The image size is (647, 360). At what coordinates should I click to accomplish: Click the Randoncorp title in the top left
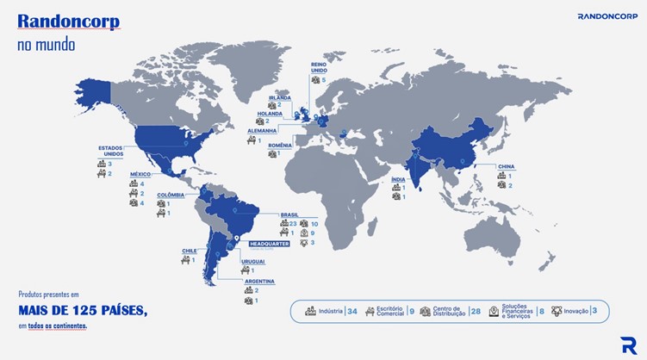point(68,22)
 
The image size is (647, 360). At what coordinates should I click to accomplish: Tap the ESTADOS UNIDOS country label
point(111,151)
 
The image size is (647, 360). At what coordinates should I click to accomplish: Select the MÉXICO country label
point(140,174)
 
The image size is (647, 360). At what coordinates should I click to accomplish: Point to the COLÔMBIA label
point(170,195)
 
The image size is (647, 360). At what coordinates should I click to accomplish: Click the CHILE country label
point(189,251)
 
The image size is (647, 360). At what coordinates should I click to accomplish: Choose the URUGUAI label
point(252,261)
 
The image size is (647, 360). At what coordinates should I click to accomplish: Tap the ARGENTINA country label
point(258,281)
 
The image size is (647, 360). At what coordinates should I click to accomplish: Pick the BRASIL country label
point(289,214)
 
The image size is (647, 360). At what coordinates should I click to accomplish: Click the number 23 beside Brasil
point(293,224)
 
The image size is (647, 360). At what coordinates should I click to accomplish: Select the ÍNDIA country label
point(398,178)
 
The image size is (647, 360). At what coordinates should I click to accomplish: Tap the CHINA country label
point(506,166)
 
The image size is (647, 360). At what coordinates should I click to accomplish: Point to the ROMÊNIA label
point(279,144)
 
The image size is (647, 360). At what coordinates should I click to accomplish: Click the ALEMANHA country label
point(262,131)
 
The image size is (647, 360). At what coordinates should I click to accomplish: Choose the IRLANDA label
point(280,97)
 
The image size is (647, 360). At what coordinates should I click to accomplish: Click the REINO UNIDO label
point(319,68)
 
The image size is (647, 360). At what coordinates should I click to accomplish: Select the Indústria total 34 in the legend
point(351,311)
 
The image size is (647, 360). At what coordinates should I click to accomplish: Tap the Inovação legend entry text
point(576,311)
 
